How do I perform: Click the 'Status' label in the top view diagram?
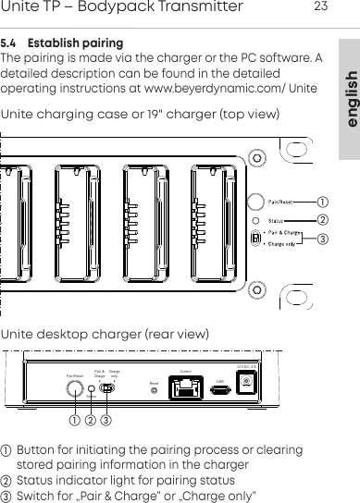point(277,220)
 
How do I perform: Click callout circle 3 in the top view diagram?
point(322,239)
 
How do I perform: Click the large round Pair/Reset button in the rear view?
point(75,389)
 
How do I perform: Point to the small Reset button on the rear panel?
point(153,390)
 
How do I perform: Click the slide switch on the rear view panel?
point(106,389)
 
